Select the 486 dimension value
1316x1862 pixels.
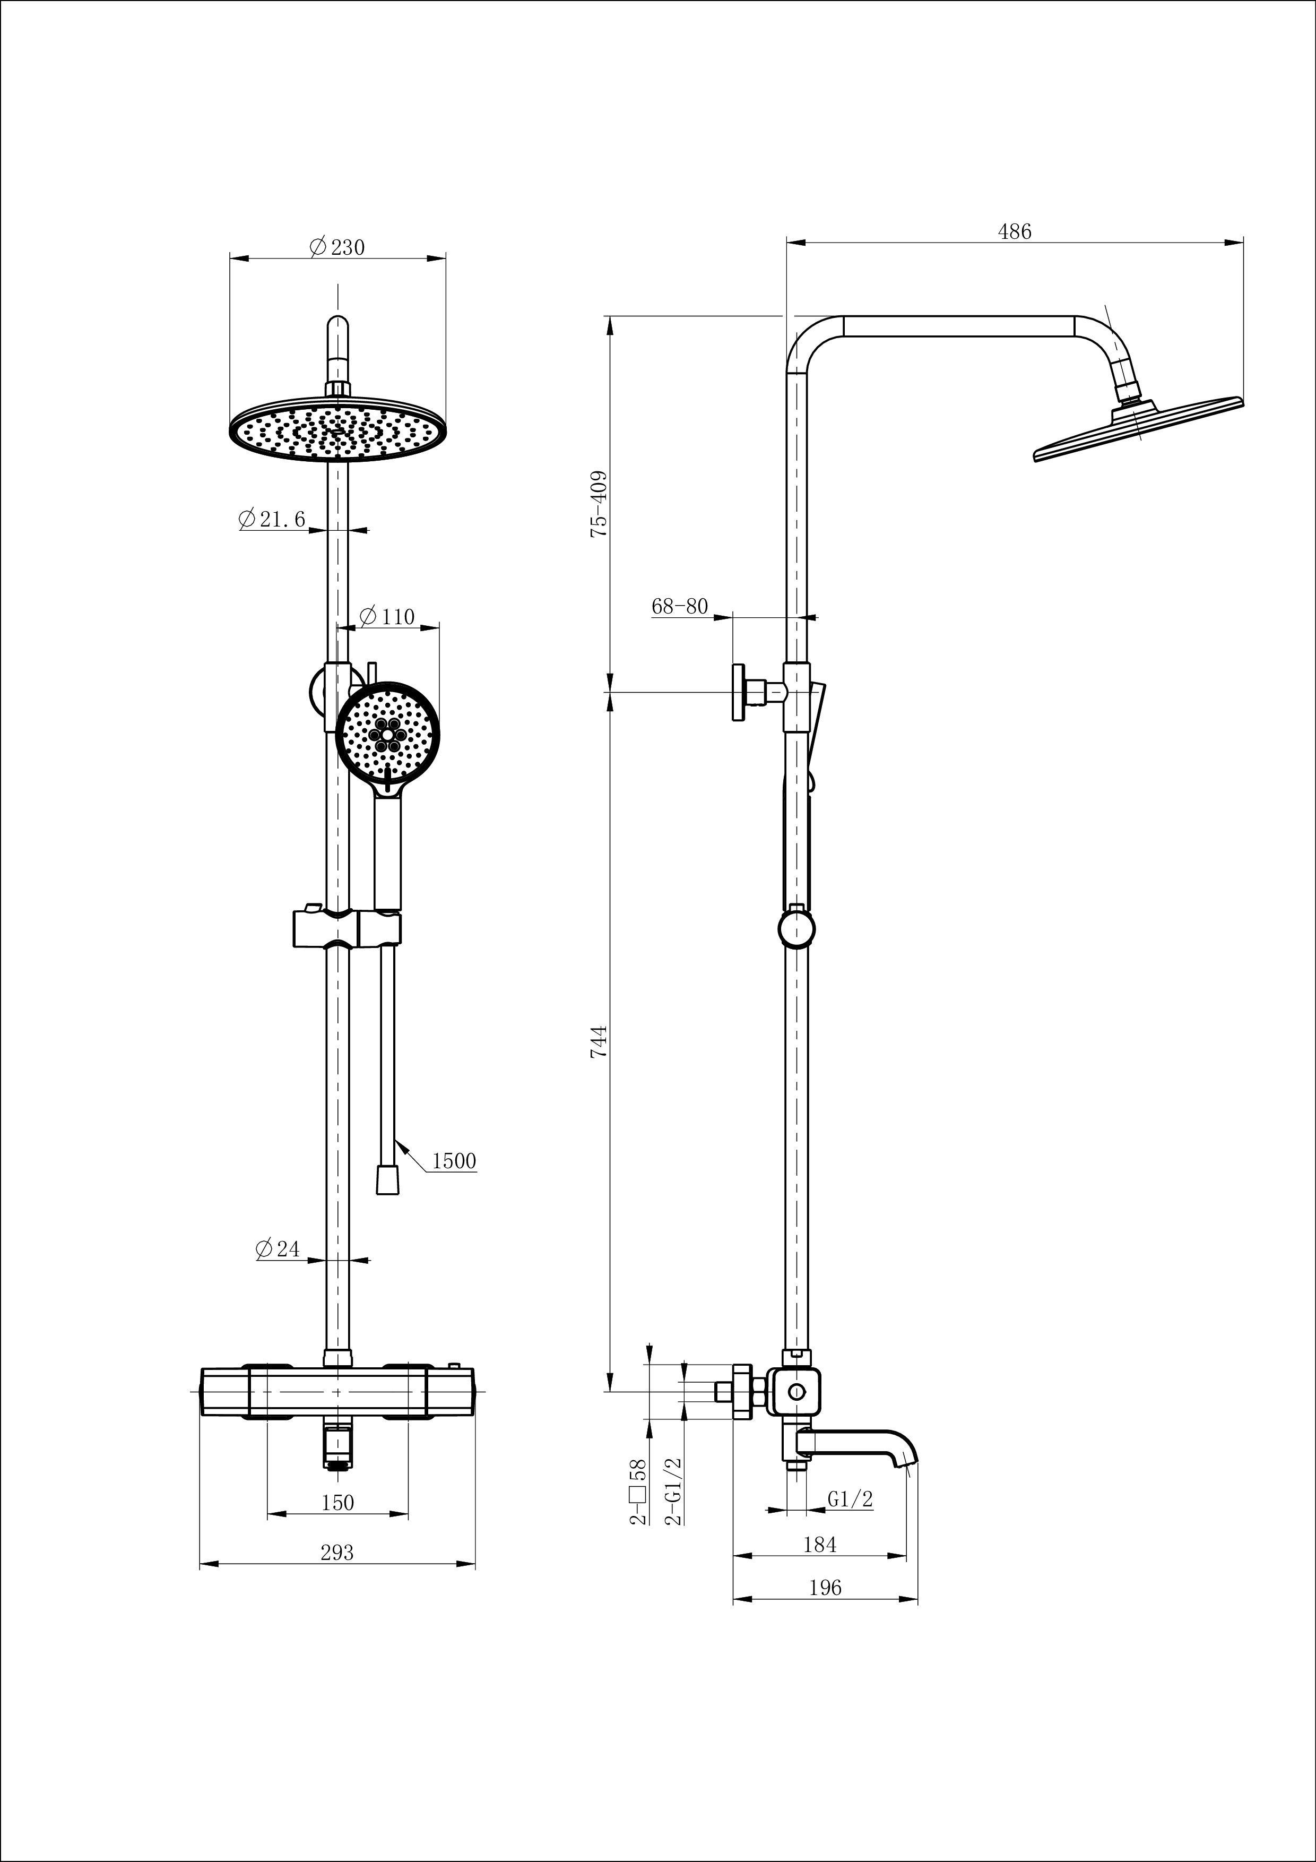(x=1015, y=232)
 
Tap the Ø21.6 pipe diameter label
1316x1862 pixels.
(x=272, y=519)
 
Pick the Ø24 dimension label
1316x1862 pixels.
(x=278, y=1249)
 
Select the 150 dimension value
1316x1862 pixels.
(x=337, y=1503)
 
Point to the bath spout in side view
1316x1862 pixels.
(x=860, y=1444)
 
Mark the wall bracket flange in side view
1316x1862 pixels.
(x=739, y=692)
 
